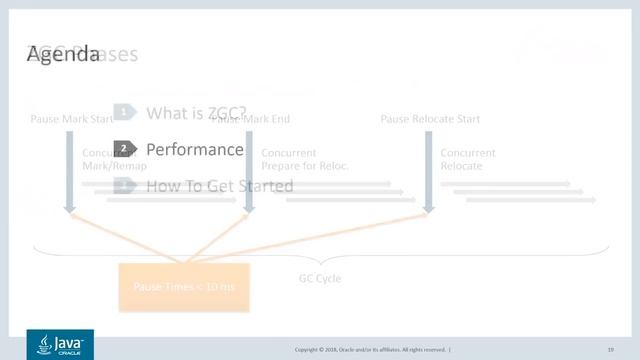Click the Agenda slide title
pos(64,54)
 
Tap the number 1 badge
pos(124,113)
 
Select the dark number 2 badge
pos(124,149)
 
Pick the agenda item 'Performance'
pos(194,149)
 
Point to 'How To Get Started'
pos(219,186)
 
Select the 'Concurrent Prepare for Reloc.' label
pos(304,159)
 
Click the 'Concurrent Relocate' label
pos(468,159)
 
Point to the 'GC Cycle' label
pos(320,278)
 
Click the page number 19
pos(610,349)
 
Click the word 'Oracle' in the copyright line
pos(352,349)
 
